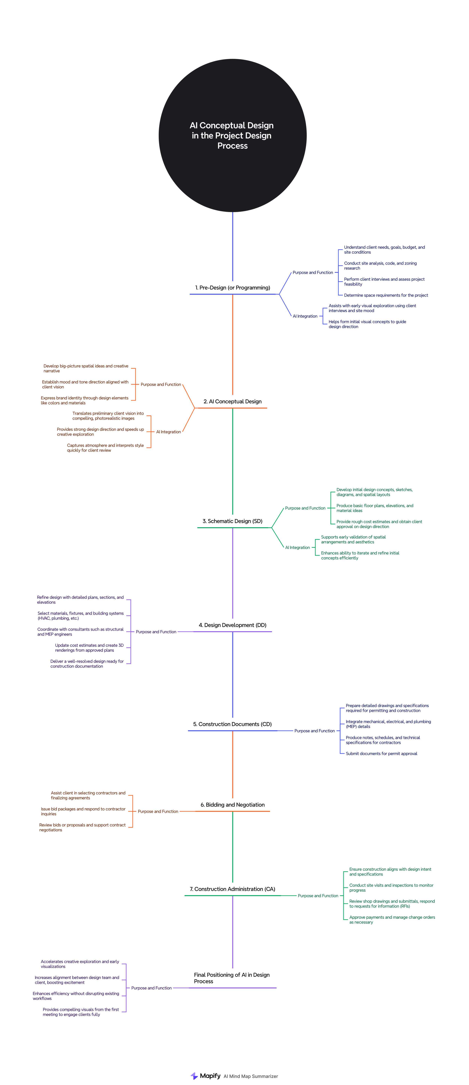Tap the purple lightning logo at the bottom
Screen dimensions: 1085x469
194,1076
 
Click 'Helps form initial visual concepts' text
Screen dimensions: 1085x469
367,324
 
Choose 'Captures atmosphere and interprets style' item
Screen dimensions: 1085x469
105,448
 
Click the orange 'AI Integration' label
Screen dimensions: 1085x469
168,432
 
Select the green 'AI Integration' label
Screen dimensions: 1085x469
297,548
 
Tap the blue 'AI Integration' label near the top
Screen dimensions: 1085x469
305,316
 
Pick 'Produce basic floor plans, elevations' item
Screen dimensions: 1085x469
375,508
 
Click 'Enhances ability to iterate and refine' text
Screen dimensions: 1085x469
360,555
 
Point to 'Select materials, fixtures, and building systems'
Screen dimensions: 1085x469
80,616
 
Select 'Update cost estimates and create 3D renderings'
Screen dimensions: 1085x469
89,648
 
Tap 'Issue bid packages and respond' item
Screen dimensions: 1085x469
83,811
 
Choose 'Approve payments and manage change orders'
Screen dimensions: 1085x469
392,919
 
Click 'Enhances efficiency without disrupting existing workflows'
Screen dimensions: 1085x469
76,996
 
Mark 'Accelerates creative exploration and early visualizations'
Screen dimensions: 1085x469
80,964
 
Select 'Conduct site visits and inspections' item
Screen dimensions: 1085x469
391,888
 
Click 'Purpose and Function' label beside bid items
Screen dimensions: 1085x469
158,811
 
